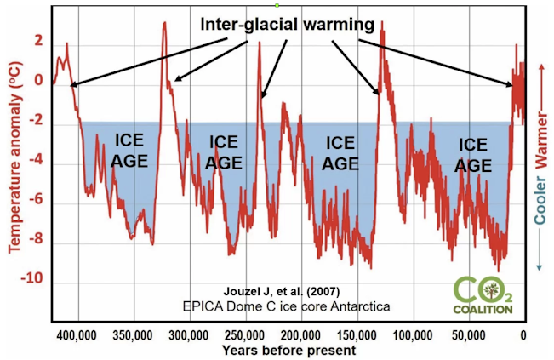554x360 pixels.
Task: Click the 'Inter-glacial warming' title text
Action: [x=287, y=25]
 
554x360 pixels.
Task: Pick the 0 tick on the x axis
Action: [x=523, y=333]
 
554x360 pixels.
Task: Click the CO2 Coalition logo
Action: [x=483, y=294]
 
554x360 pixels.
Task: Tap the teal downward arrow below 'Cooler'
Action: [x=542, y=255]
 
